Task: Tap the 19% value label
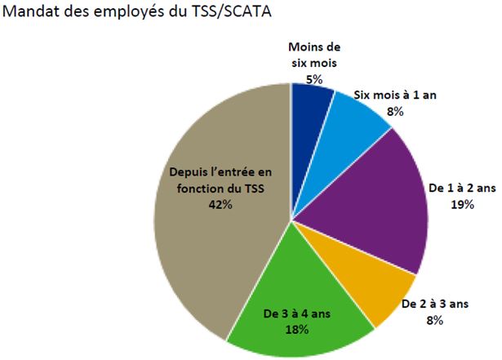462,204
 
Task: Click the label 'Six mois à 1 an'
396,96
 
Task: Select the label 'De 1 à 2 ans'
462,189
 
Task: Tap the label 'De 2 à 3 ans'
433,304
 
